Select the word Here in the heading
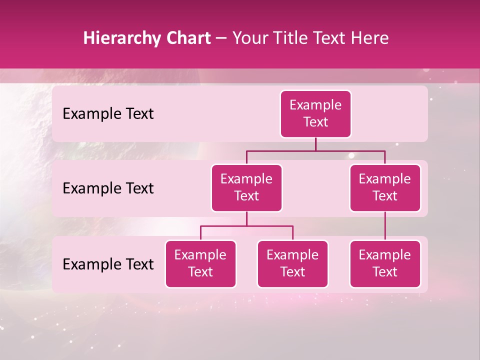coord(370,38)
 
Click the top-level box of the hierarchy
coord(315,113)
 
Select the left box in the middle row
coord(246,187)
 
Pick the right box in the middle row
coord(385,187)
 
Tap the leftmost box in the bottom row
coord(200,263)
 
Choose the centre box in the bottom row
coord(292,263)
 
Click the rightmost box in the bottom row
coord(385,263)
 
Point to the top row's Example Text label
coord(108,113)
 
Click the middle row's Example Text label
coord(108,188)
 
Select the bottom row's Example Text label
coord(108,264)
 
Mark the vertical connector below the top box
coord(315,144)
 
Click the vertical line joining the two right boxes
coord(385,225)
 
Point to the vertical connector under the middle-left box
coord(246,218)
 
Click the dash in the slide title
coord(221,39)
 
